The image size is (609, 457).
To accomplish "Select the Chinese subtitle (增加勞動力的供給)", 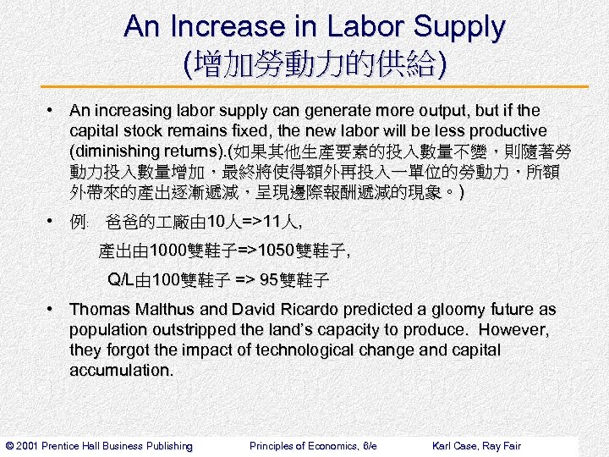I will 314,63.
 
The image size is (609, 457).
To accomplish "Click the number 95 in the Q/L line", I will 269,280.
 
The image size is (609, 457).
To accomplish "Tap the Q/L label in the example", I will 120,280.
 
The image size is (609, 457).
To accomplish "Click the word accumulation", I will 121,371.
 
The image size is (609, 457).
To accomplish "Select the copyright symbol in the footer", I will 9,446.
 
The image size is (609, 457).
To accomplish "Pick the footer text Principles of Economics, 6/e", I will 313,446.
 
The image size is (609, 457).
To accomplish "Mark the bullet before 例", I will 52,222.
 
